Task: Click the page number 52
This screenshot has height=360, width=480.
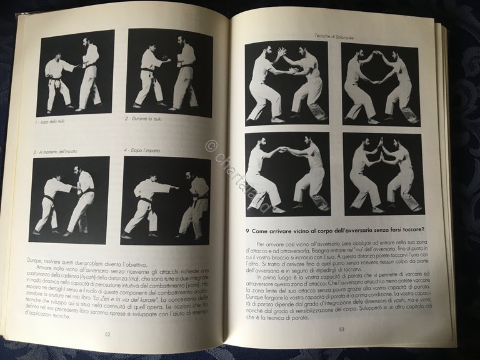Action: (x=108, y=335)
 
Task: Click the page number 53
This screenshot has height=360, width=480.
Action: (x=341, y=329)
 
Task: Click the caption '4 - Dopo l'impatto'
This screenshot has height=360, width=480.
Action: (x=147, y=151)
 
